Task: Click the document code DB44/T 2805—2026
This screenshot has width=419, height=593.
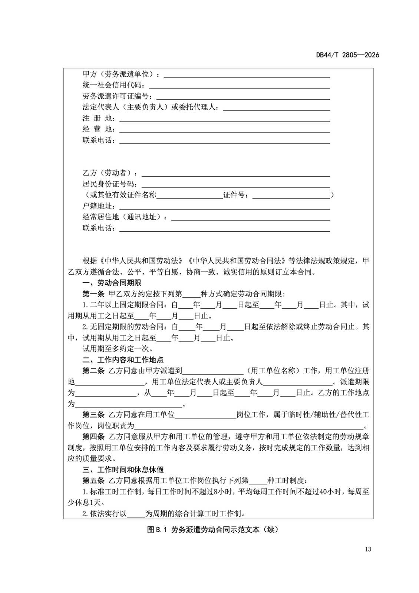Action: click(x=347, y=55)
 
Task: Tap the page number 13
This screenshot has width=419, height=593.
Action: click(x=367, y=549)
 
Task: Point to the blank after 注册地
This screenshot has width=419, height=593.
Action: click(x=224, y=119)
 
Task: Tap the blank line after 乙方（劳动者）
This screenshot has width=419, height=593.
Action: click(x=235, y=173)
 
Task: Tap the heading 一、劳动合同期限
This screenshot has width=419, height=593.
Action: click(x=112, y=283)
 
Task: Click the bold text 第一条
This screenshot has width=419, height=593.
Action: click(x=93, y=294)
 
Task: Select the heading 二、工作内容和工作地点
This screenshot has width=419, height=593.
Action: click(x=123, y=360)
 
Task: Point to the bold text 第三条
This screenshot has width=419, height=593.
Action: click(x=93, y=415)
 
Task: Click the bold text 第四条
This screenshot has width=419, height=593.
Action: click(x=93, y=437)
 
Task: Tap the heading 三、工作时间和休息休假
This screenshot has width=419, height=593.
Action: click(x=123, y=470)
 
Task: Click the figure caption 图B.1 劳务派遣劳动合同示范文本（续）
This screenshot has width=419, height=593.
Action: click(x=212, y=530)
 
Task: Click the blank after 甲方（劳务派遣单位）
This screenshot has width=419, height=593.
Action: click(x=247, y=75)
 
